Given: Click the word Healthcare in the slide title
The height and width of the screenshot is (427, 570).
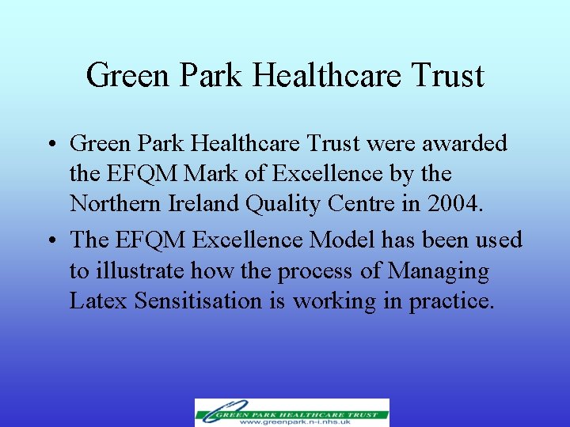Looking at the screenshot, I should [x=329, y=77].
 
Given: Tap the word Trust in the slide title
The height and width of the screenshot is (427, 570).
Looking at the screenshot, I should [x=447, y=77].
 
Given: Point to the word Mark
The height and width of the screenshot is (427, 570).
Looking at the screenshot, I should [x=209, y=173].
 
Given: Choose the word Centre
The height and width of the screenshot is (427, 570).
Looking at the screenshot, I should [x=365, y=203].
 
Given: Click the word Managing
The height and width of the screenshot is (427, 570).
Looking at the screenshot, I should [x=439, y=272].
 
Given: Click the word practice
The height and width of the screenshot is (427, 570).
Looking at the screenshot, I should [x=450, y=302].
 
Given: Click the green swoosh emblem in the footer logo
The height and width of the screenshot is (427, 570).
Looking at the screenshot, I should [x=212, y=413].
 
